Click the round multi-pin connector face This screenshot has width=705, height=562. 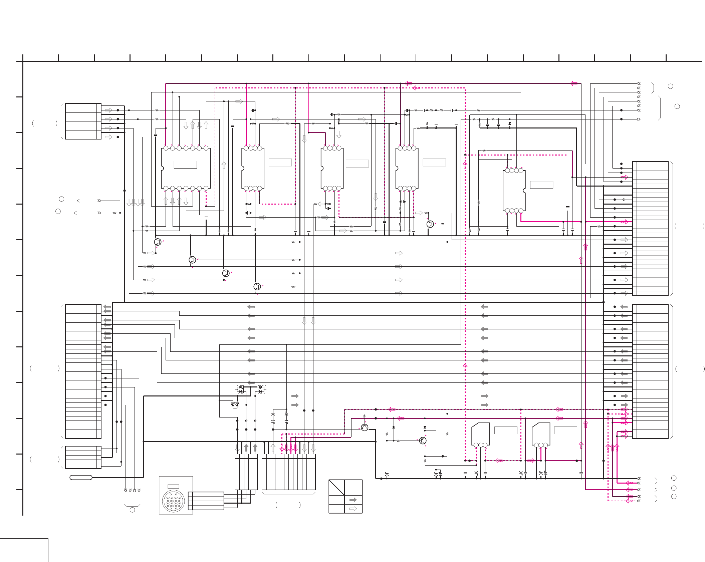click(173, 501)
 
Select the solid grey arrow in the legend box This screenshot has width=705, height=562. click(353, 500)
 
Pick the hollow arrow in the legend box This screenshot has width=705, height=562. click(353, 509)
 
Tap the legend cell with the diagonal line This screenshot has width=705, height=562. click(336, 488)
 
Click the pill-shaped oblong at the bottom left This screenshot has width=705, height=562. click(81, 477)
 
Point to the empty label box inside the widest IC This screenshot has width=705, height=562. click(185, 165)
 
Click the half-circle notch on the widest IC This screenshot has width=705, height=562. click(162, 168)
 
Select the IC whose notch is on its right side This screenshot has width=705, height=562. click(514, 191)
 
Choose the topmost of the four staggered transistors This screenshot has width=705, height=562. click(158, 242)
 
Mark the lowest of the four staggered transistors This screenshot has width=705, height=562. click(257, 286)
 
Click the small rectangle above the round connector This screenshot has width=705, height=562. click(173, 486)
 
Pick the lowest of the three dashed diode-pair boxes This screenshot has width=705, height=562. click(235, 405)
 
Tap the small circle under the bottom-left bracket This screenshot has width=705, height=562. click(132, 510)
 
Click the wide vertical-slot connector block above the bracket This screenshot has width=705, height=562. click(288, 472)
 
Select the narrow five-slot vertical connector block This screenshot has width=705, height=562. click(246, 472)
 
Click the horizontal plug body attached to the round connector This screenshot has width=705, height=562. click(206, 501)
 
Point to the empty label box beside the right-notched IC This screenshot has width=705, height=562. click(541, 185)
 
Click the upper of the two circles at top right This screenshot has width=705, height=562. click(670, 86)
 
